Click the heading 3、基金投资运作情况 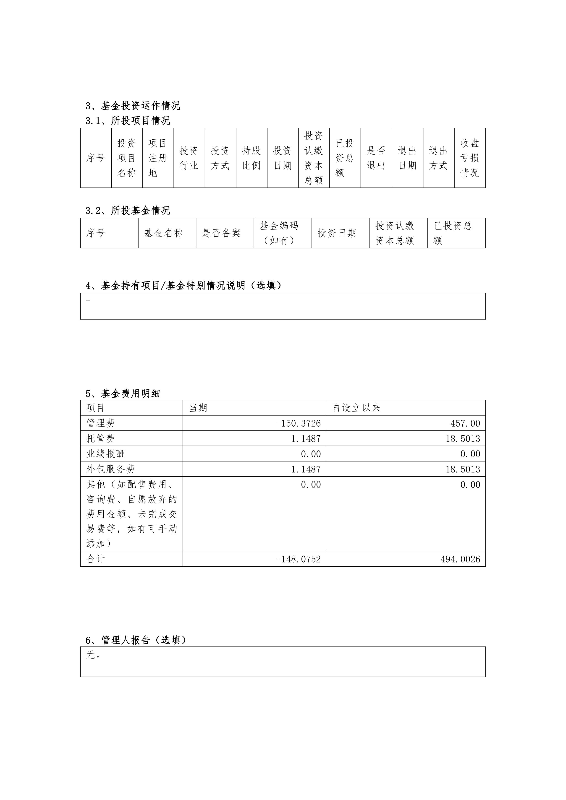click(x=133, y=106)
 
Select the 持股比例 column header click(x=251, y=158)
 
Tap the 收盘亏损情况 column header click(x=469, y=158)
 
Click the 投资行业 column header click(x=189, y=158)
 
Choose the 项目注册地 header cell click(x=158, y=158)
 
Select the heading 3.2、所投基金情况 click(x=128, y=211)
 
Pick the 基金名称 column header click(x=163, y=233)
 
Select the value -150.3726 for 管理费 click(x=298, y=423)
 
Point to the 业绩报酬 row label click(x=106, y=454)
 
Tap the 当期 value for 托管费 click(x=306, y=439)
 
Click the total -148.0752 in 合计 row click(x=298, y=559)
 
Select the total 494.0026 click(x=460, y=559)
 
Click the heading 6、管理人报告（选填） click(x=136, y=640)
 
